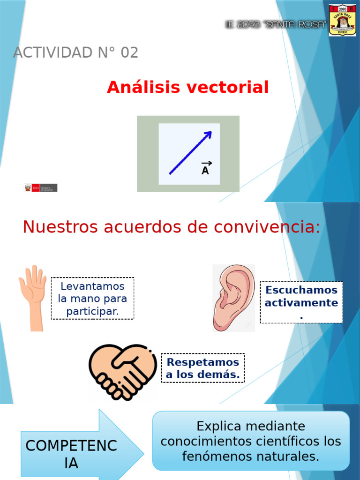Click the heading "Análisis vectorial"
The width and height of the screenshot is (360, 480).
(187, 87)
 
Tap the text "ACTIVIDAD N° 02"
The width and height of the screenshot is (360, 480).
(75, 53)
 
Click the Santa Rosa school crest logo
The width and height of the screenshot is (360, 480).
(342, 20)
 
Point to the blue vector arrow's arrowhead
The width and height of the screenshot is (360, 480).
(207, 135)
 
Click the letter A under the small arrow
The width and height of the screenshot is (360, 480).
(205, 171)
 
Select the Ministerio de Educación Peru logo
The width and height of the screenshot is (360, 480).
(41, 188)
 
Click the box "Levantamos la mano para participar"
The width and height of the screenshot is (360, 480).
(92, 299)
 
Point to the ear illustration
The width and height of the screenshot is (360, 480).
(233, 297)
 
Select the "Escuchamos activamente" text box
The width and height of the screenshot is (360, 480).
(301, 302)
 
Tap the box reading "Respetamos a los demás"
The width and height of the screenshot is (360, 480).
(203, 368)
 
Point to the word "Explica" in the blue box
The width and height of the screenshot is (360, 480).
(218, 427)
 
